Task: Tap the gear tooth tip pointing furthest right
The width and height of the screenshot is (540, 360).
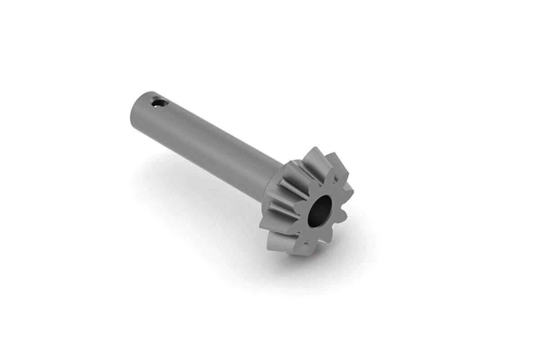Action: [x=350, y=195]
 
